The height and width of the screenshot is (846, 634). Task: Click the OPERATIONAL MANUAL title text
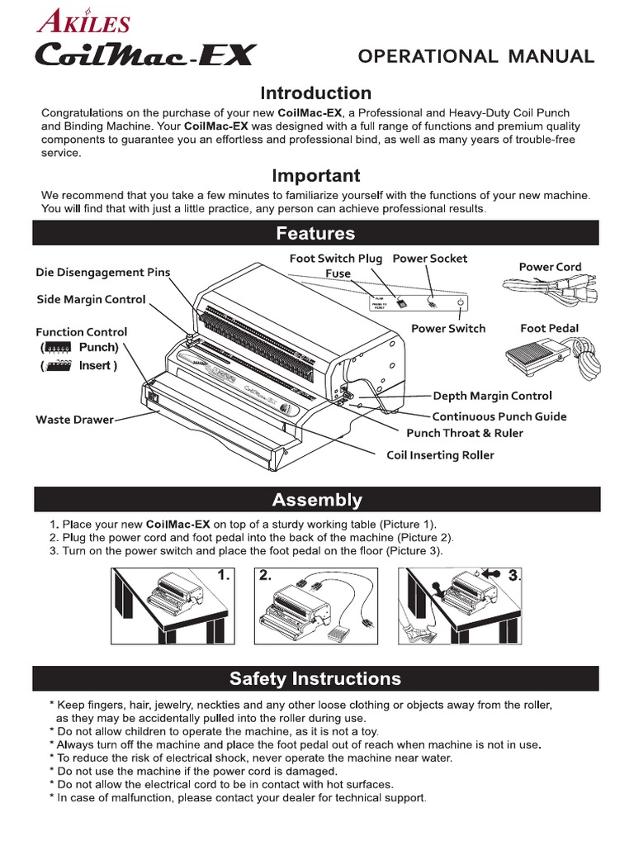[x=475, y=56]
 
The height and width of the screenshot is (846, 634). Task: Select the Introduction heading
[x=316, y=93]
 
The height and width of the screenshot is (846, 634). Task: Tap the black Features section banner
[x=316, y=233]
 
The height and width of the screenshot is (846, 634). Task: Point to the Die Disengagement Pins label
[x=102, y=272]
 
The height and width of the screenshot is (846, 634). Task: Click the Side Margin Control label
[x=91, y=299]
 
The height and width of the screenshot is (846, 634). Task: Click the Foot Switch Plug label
[x=335, y=259]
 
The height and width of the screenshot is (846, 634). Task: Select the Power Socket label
[x=429, y=259]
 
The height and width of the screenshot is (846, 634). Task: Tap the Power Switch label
[x=448, y=328]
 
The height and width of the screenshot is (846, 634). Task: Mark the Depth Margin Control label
[x=492, y=397]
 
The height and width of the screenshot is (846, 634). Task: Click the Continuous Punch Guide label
[x=499, y=416]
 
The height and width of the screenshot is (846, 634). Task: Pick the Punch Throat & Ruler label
[x=464, y=433]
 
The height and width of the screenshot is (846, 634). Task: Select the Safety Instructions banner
[x=316, y=678]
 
